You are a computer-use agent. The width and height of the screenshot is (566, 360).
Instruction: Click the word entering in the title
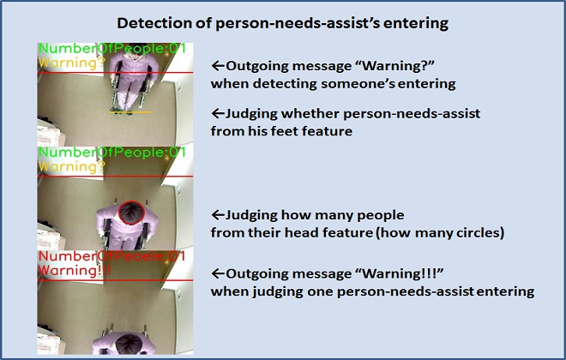point(415,23)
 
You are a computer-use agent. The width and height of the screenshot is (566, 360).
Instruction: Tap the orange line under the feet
point(130,112)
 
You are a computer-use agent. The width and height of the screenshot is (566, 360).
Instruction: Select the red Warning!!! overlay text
point(75,270)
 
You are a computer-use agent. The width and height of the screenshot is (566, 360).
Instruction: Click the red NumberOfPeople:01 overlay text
point(111,256)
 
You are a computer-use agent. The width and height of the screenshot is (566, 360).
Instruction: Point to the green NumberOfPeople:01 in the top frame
point(111,50)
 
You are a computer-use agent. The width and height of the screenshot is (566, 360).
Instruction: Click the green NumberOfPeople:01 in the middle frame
point(111,152)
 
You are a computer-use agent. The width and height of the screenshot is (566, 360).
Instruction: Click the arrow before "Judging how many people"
point(218,214)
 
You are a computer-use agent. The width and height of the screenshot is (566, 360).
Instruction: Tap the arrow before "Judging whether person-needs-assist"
point(218,114)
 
